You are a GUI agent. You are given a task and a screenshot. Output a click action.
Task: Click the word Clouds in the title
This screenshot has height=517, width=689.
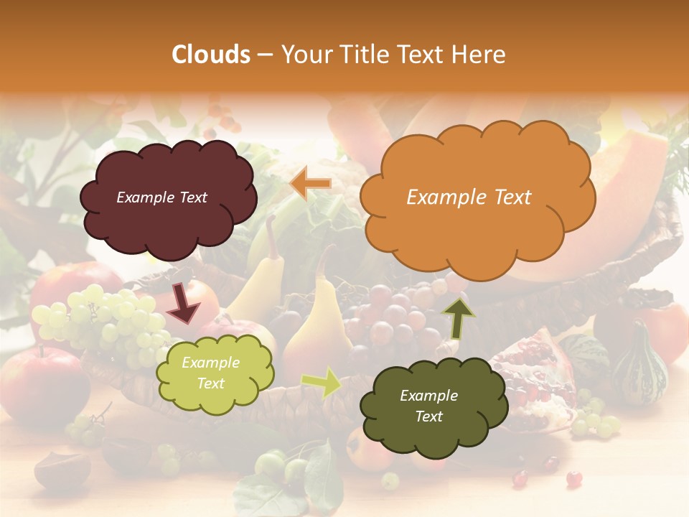click(210, 55)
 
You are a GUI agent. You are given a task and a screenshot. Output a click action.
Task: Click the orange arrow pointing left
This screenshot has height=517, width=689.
click(311, 183)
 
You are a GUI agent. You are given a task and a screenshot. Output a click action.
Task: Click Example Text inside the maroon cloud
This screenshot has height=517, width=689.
click(161, 197)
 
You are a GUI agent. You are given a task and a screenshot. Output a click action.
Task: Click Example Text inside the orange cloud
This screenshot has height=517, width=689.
click(469, 197)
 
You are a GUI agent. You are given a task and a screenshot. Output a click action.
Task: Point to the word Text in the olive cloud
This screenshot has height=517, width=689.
click(428, 416)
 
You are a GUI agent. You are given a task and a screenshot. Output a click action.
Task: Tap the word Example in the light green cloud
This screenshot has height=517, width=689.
click(210, 363)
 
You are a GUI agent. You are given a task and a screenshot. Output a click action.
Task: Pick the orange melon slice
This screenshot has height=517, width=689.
click(632, 187)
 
